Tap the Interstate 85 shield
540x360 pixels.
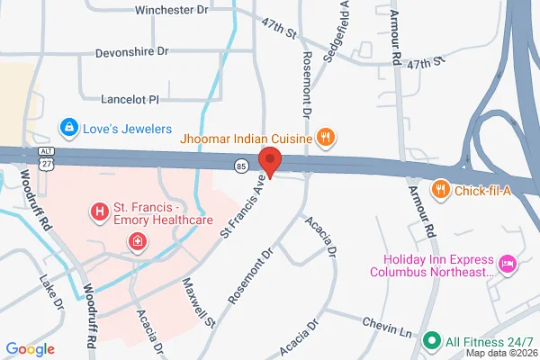click(241, 166)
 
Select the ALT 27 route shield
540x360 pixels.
click(45, 157)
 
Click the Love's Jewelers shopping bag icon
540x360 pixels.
click(67, 126)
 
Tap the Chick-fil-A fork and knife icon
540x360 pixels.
click(440, 189)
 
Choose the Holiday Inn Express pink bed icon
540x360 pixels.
click(507, 263)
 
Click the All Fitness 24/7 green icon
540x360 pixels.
click(431, 341)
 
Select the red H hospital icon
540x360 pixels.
click(99, 212)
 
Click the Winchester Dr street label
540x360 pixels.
click(171, 11)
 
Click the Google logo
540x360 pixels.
click(30, 349)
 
